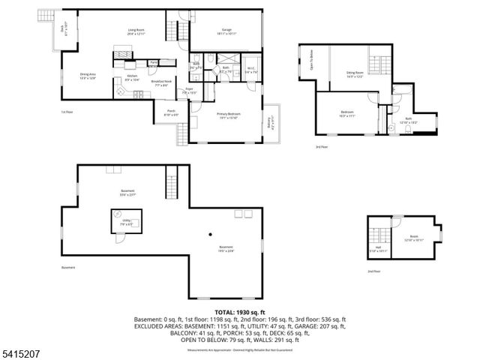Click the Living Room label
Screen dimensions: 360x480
(x=135, y=31)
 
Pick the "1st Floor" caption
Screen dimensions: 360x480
(x=67, y=112)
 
